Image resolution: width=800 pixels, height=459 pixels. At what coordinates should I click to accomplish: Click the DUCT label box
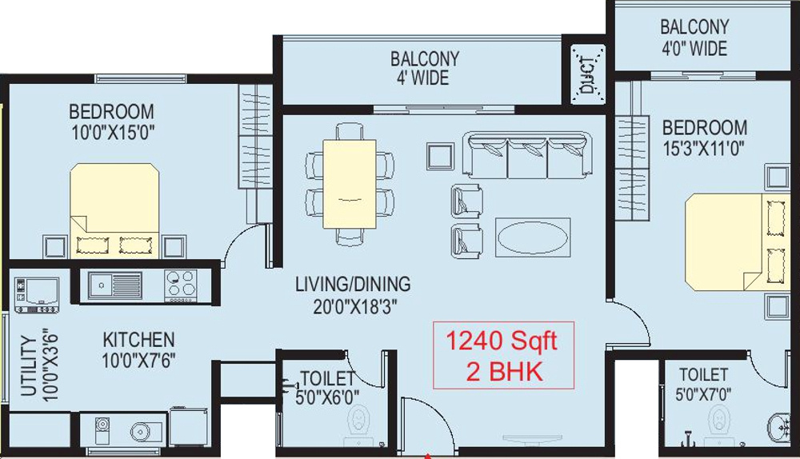[589, 74]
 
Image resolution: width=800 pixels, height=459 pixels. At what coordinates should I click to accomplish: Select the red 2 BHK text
[504, 370]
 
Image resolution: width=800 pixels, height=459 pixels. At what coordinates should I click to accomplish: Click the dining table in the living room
[350, 183]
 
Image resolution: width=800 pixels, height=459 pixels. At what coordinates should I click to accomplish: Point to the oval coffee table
[533, 237]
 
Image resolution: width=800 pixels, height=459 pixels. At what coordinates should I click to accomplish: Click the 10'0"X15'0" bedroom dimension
[111, 132]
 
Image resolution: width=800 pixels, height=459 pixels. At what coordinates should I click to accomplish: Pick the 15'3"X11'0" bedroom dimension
[704, 148]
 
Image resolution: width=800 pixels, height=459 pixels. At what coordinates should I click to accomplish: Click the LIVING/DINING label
[352, 284]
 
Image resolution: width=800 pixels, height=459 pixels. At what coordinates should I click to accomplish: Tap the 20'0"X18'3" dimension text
[352, 305]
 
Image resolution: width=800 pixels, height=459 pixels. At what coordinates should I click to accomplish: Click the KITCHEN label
[138, 340]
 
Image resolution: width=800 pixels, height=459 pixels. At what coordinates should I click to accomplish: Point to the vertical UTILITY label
[27, 367]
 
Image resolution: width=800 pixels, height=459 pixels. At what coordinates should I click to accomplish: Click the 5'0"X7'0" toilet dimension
[703, 393]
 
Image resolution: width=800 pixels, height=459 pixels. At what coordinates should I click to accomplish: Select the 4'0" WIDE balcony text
[694, 48]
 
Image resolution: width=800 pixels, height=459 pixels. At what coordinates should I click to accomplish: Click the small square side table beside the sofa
[440, 156]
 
